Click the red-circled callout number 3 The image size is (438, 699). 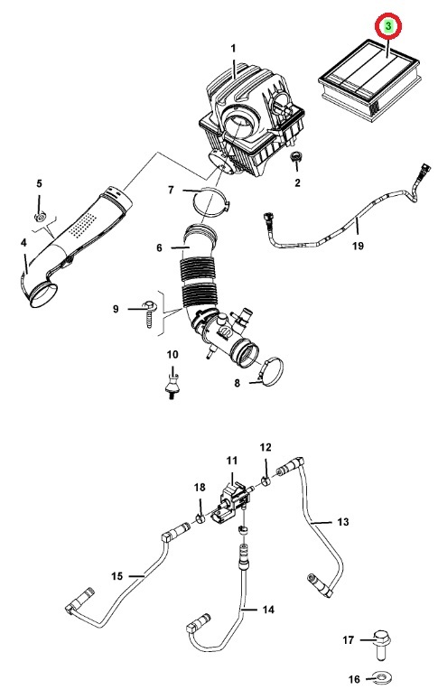click(x=388, y=26)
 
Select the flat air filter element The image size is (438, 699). click(x=369, y=82)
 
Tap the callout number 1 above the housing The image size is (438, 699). click(x=233, y=48)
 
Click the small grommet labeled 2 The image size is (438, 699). click(x=294, y=157)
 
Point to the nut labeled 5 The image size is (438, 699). click(x=40, y=217)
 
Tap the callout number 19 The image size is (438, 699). click(x=358, y=245)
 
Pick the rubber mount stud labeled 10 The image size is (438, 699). click(x=172, y=384)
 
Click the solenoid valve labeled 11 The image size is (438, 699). click(x=232, y=500)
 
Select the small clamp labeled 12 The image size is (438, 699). click(x=266, y=481)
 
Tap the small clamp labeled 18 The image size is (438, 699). click(x=200, y=517)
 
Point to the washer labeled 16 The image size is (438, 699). click(x=382, y=678)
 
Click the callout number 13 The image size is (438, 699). click(x=342, y=522)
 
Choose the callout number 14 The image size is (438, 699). click(x=268, y=609)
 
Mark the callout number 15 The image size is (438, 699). click(x=116, y=576)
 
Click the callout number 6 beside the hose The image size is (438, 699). click(x=160, y=247)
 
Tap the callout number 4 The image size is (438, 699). click(x=23, y=243)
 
